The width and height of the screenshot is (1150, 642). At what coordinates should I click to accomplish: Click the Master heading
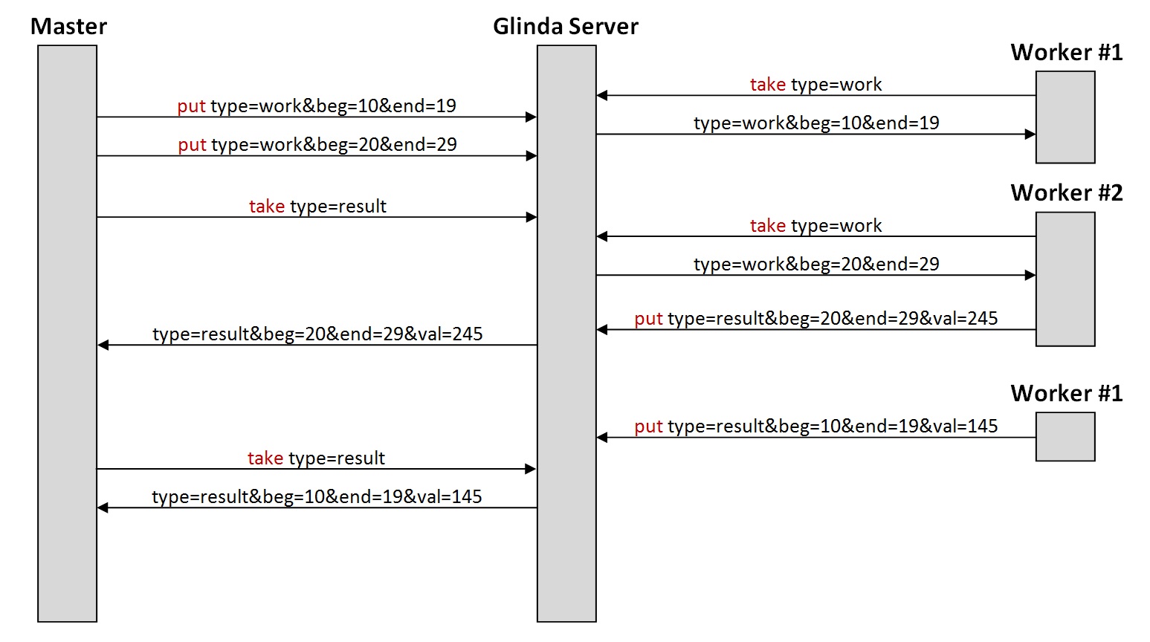pos(68,26)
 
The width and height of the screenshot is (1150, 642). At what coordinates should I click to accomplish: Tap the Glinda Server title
pos(565,26)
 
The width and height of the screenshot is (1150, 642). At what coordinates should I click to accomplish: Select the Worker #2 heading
pos(1066,193)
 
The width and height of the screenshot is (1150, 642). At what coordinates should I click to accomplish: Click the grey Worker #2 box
pos(1065,279)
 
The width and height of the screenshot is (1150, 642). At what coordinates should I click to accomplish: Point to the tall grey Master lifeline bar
pos(67,334)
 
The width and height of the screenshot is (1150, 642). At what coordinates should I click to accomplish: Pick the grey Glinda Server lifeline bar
pos(566,334)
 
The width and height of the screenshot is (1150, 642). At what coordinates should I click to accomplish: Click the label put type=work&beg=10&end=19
pos(317,106)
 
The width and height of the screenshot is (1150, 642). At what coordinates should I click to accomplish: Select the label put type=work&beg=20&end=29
pos(317,145)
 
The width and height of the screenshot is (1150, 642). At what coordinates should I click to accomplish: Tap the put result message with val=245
pos(815,319)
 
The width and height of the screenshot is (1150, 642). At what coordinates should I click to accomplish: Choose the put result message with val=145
pos(815,427)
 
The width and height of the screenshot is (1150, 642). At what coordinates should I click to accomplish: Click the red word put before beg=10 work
pos(192,106)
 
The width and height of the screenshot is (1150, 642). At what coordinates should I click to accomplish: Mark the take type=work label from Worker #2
pos(815,226)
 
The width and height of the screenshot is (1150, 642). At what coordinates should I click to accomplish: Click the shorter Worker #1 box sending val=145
pos(1065,437)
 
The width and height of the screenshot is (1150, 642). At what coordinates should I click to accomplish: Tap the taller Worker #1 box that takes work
pos(1065,117)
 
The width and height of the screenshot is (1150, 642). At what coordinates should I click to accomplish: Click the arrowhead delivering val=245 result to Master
pos(103,345)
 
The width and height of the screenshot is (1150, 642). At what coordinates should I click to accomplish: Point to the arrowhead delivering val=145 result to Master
pos(103,508)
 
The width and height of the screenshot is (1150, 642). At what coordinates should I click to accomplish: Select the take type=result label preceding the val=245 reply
pos(317,207)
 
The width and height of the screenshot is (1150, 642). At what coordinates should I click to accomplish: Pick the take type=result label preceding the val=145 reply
pos(316,458)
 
